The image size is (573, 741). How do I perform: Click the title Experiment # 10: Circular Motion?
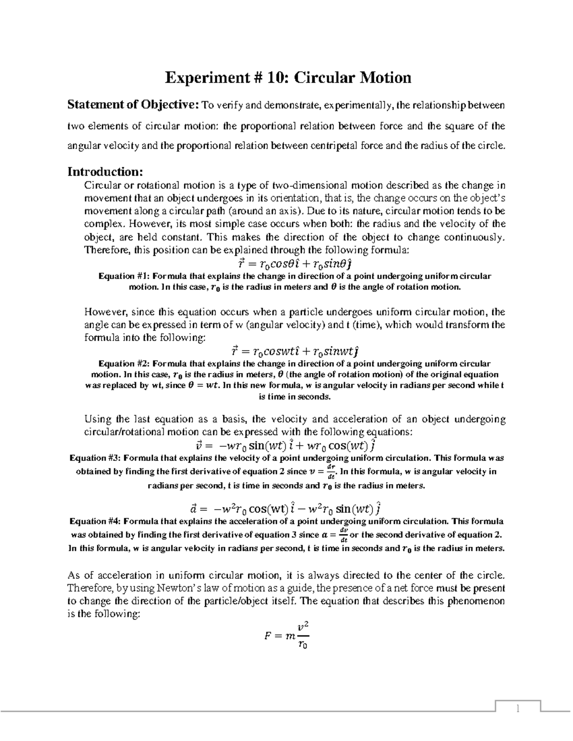(288, 77)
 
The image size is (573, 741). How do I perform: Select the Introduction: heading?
(105, 171)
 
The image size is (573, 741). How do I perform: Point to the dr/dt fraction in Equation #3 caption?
(329, 471)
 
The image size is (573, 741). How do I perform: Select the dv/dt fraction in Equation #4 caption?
(343, 534)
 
